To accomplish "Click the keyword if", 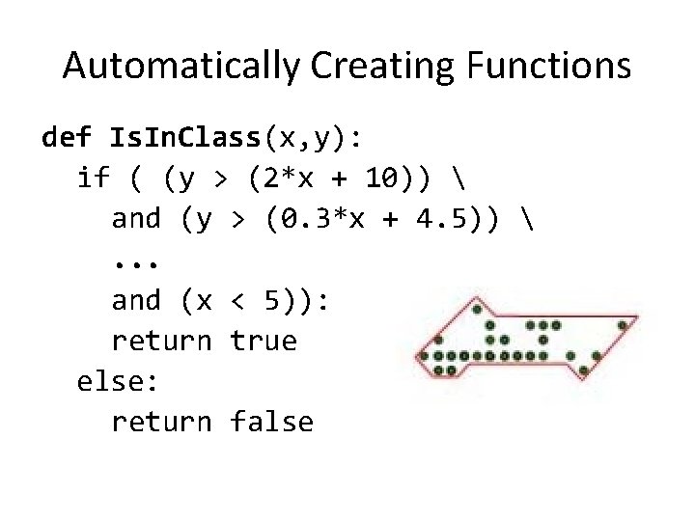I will click(92, 178).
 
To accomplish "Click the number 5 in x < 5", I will click(273, 301).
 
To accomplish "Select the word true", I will click(264, 342).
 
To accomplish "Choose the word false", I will click(272, 423).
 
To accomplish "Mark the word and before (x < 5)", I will click(136, 301).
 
